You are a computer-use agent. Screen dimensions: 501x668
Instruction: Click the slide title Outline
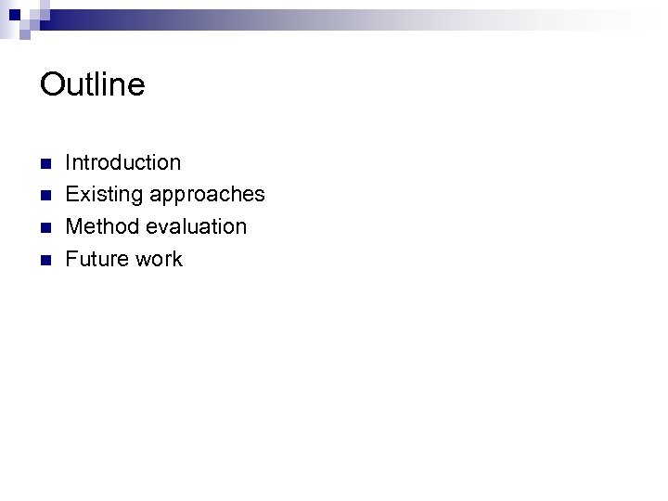click(x=93, y=84)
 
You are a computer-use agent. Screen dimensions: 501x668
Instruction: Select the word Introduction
click(x=123, y=162)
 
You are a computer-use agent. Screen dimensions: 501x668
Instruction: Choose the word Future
click(x=96, y=259)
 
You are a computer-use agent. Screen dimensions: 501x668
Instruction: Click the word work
click(x=159, y=259)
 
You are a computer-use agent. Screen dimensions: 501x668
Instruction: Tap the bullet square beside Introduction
click(x=45, y=164)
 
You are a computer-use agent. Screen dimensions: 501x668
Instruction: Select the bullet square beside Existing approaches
click(x=45, y=196)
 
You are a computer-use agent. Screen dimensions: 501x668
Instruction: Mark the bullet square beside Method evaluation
click(x=45, y=228)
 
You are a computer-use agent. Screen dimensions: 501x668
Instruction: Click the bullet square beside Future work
click(x=45, y=260)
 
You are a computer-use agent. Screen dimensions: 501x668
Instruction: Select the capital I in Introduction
click(x=69, y=162)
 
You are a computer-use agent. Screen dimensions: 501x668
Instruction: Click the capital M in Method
click(x=74, y=226)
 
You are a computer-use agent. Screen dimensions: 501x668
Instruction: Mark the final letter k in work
click(x=177, y=259)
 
